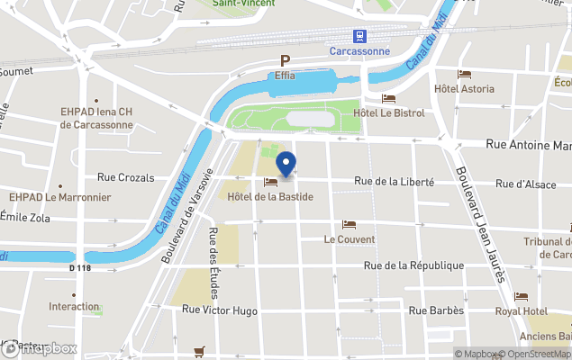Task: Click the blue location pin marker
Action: coord(286,165)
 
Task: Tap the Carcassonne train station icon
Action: coord(360,36)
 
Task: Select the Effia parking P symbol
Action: coord(285,61)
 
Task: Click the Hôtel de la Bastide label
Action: coord(270,196)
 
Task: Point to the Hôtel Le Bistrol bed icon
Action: coord(388,99)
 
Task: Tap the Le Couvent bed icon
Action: coord(350,225)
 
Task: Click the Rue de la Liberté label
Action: coord(395,182)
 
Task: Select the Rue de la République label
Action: coord(413,265)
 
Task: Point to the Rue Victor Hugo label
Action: coord(220,310)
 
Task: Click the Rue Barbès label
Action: coord(436,310)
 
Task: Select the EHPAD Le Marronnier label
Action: coord(59,197)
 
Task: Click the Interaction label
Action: coord(74,307)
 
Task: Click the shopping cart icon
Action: coord(199,351)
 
